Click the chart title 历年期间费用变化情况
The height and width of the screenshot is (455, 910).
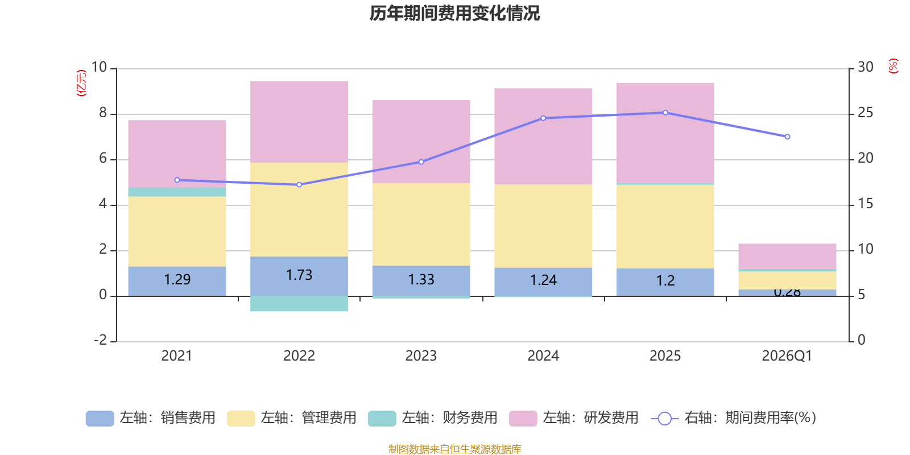(x=454, y=13)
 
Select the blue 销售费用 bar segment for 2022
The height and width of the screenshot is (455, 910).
(x=299, y=276)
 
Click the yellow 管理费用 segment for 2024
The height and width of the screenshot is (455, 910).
(x=543, y=226)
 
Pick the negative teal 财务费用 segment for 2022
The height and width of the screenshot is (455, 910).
(x=299, y=304)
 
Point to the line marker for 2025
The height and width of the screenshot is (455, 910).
(x=665, y=113)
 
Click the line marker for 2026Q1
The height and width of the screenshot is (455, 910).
(x=787, y=136)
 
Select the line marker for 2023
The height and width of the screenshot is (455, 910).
(x=421, y=162)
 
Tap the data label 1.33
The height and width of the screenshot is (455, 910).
(x=421, y=280)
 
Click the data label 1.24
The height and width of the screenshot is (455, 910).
(x=543, y=280)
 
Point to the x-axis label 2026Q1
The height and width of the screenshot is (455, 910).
(x=787, y=356)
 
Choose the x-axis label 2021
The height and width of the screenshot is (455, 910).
(x=177, y=356)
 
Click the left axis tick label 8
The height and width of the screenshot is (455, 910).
(x=103, y=113)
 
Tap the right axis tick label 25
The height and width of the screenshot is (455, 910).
(x=865, y=113)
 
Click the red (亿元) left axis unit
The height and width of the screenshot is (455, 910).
(x=81, y=83)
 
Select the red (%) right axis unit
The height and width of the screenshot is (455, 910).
(x=894, y=66)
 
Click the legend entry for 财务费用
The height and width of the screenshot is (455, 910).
(x=433, y=418)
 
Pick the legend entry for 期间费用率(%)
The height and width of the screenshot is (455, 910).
(x=734, y=418)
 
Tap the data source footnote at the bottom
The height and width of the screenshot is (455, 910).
(x=454, y=449)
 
